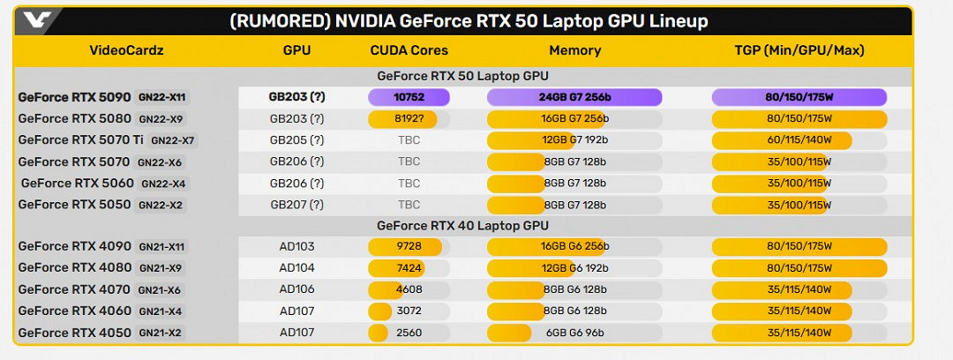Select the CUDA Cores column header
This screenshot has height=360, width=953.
(x=409, y=50)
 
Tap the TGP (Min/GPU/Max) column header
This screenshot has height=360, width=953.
(x=799, y=50)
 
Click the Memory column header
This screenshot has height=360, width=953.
(x=574, y=50)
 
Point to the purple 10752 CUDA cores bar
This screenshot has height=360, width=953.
(x=409, y=98)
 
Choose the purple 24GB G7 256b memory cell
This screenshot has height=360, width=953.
(x=574, y=98)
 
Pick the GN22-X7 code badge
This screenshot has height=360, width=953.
(x=173, y=140)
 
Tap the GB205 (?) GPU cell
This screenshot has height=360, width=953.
(x=296, y=139)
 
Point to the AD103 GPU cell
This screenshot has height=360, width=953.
(x=296, y=247)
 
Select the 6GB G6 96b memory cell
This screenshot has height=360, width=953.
(x=574, y=333)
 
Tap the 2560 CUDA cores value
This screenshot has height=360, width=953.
(x=409, y=333)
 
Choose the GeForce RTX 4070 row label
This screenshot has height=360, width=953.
(x=74, y=289)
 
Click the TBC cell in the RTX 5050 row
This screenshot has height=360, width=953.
(x=409, y=205)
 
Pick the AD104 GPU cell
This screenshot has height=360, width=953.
(x=296, y=268)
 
